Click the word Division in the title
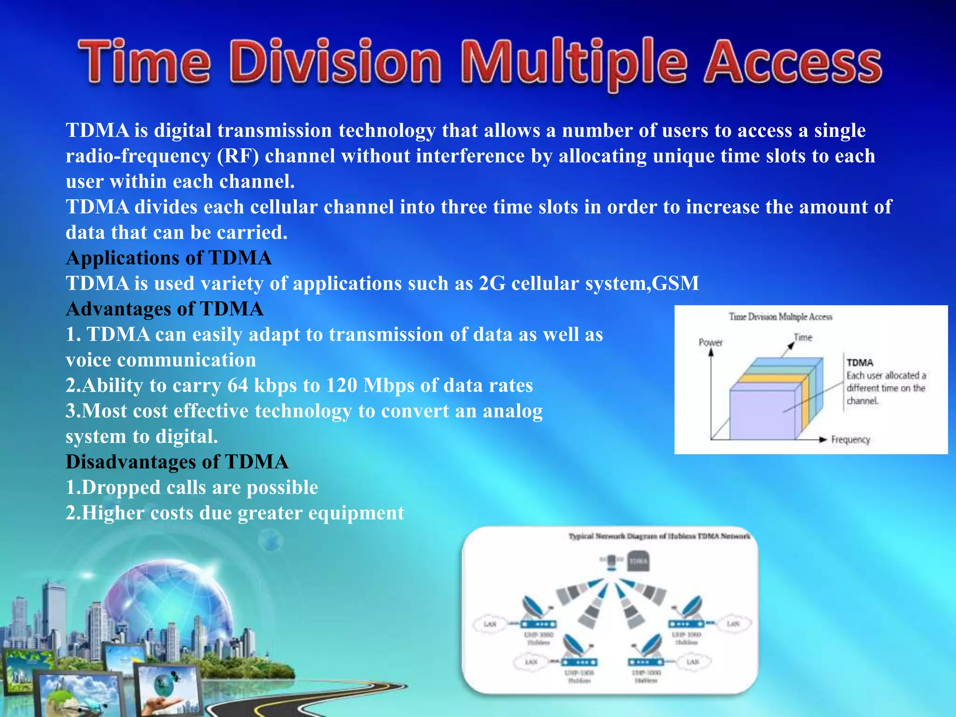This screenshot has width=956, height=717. [x=335, y=63]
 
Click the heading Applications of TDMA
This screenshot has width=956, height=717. [x=169, y=258]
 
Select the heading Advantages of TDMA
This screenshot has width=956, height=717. [x=165, y=309]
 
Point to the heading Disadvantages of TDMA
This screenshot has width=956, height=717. [x=177, y=462]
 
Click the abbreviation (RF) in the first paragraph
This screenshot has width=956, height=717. [x=238, y=156]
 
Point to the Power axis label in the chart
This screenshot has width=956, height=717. [x=710, y=343]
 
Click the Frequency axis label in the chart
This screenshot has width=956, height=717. [x=851, y=440]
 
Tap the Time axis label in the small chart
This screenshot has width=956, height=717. [x=803, y=337]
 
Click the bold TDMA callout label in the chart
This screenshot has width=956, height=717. [x=860, y=363]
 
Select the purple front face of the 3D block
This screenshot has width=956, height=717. [x=762, y=415]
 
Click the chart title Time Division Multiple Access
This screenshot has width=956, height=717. [x=780, y=317]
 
